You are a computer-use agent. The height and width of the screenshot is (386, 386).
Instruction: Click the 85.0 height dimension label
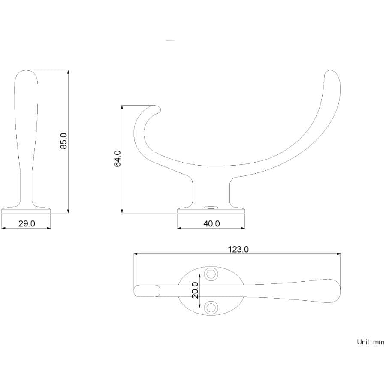[x=63, y=141]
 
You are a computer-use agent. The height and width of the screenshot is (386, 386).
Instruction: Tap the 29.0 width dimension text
[x=27, y=223]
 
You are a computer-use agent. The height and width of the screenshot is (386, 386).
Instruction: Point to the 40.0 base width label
[x=211, y=223]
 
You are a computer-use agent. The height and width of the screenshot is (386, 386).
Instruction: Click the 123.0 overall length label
[x=238, y=249]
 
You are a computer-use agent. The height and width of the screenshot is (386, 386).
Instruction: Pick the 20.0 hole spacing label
[x=195, y=290]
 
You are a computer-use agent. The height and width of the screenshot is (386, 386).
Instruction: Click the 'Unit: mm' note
[x=371, y=342]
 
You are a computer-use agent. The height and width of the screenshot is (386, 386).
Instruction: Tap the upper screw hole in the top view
[x=211, y=274]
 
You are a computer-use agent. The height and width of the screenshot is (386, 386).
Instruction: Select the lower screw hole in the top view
[x=211, y=307]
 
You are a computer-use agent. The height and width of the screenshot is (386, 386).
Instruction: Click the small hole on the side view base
[x=211, y=208]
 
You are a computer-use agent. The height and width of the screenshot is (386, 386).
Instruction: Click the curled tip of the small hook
[x=157, y=110]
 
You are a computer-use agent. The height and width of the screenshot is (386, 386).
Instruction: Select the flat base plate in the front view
[x=26, y=210]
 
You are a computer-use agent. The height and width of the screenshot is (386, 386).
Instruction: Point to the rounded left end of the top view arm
[x=137, y=291]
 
